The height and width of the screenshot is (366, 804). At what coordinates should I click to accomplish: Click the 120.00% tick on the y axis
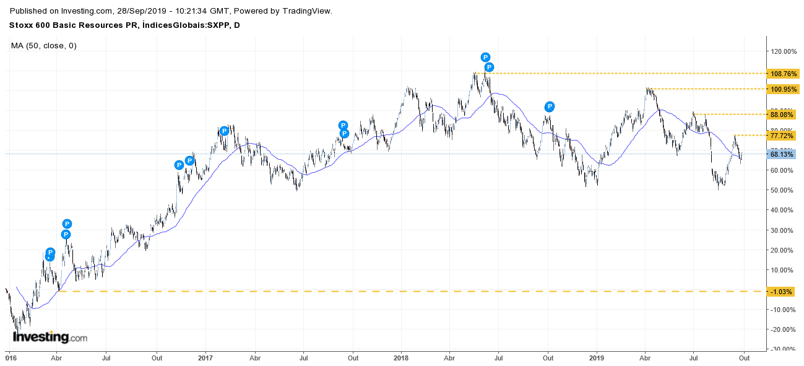[784, 51]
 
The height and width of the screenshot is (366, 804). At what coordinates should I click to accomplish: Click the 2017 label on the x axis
[205, 357]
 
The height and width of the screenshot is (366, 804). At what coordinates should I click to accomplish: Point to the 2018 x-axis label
[401, 357]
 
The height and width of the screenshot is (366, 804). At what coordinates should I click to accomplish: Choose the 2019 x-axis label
[596, 357]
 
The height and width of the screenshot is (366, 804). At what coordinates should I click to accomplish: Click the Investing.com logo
[50, 338]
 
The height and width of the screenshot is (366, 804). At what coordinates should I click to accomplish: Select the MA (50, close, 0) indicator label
[44, 45]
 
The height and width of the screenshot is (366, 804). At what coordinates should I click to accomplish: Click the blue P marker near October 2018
[549, 107]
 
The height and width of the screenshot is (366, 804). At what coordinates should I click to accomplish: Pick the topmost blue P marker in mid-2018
[486, 58]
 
